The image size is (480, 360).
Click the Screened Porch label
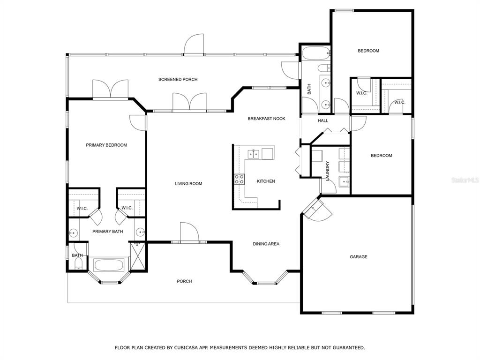[x=178, y=80]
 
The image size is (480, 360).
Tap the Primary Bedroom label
[x=106, y=145]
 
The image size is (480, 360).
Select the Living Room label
[x=188, y=184]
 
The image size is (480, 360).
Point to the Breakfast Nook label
[x=266, y=119]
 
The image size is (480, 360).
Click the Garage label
[x=359, y=257]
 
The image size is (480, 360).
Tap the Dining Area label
[x=266, y=244]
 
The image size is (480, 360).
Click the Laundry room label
[x=327, y=171]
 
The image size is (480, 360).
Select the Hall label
[x=323, y=120]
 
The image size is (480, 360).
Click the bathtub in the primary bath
[x=109, y=265]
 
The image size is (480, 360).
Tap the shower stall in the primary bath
[x=137, y=256]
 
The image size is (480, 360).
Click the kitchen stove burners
[x=239, y=180]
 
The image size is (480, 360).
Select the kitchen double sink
[x=254, y=154]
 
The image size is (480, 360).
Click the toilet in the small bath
[x=79, y=264]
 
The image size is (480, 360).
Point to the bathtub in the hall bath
[x=316, y=53]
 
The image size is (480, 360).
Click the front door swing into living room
[x=189, y=232]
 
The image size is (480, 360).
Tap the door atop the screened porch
[x=194, y=44]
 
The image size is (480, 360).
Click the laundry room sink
[x=344, y=181]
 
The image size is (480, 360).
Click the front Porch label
[x=184, y=281]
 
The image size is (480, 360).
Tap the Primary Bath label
[x=108, y=232]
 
